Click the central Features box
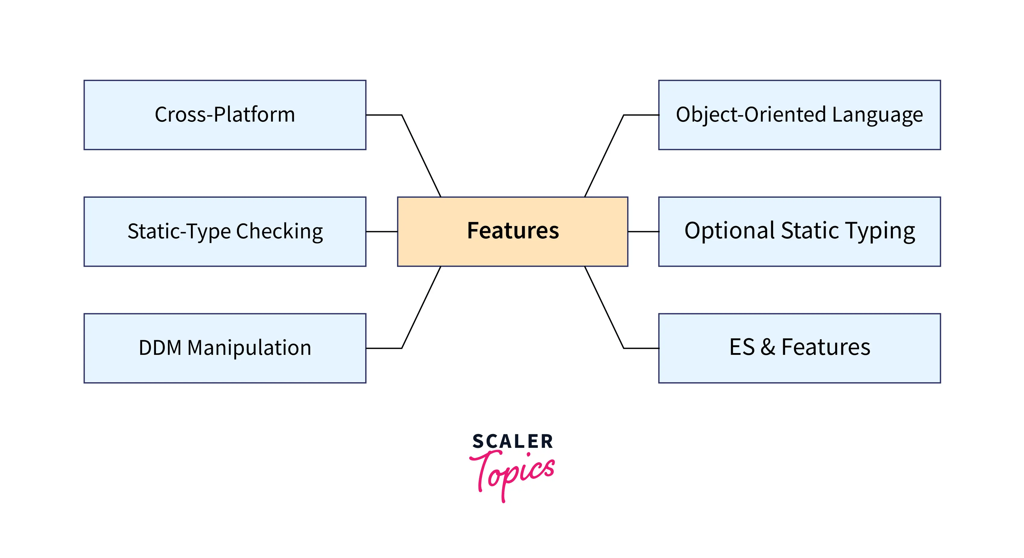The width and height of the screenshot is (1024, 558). (x=512, y=231)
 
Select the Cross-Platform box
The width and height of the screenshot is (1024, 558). (x=225, y=115)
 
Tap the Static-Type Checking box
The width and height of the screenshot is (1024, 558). (x=225, y=231)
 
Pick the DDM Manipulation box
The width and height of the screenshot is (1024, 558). (x=225, y=348)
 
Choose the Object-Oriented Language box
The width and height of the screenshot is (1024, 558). (x=799, y=115)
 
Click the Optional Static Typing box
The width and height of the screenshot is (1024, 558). (x=799, y=231)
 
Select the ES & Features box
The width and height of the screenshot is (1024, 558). (x=799, y=348)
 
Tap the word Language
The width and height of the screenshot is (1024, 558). (x=877, y=115)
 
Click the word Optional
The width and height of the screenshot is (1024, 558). (x=730, y=231)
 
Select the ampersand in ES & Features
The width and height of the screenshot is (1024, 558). (x=767, y=347)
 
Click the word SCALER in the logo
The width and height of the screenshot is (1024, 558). (x=512, y=442)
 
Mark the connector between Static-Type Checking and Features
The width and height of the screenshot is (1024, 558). (x=381, y=231)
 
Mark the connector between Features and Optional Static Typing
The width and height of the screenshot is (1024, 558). (x=643, y=231)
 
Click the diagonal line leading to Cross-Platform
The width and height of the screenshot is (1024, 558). (x=421, y=156)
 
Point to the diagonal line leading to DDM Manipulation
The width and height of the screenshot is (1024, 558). (x=421, y=307)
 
